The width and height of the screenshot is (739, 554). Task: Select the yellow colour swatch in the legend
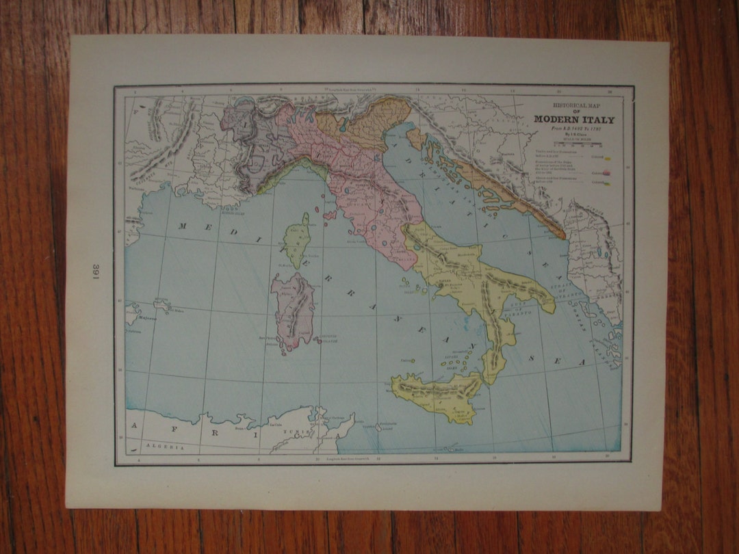607,158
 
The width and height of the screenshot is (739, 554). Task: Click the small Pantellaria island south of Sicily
378,427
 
